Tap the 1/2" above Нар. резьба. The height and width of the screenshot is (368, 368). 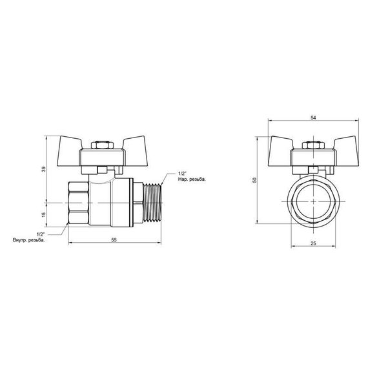coord(181,173)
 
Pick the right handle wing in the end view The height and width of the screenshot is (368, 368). coord(342,144)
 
